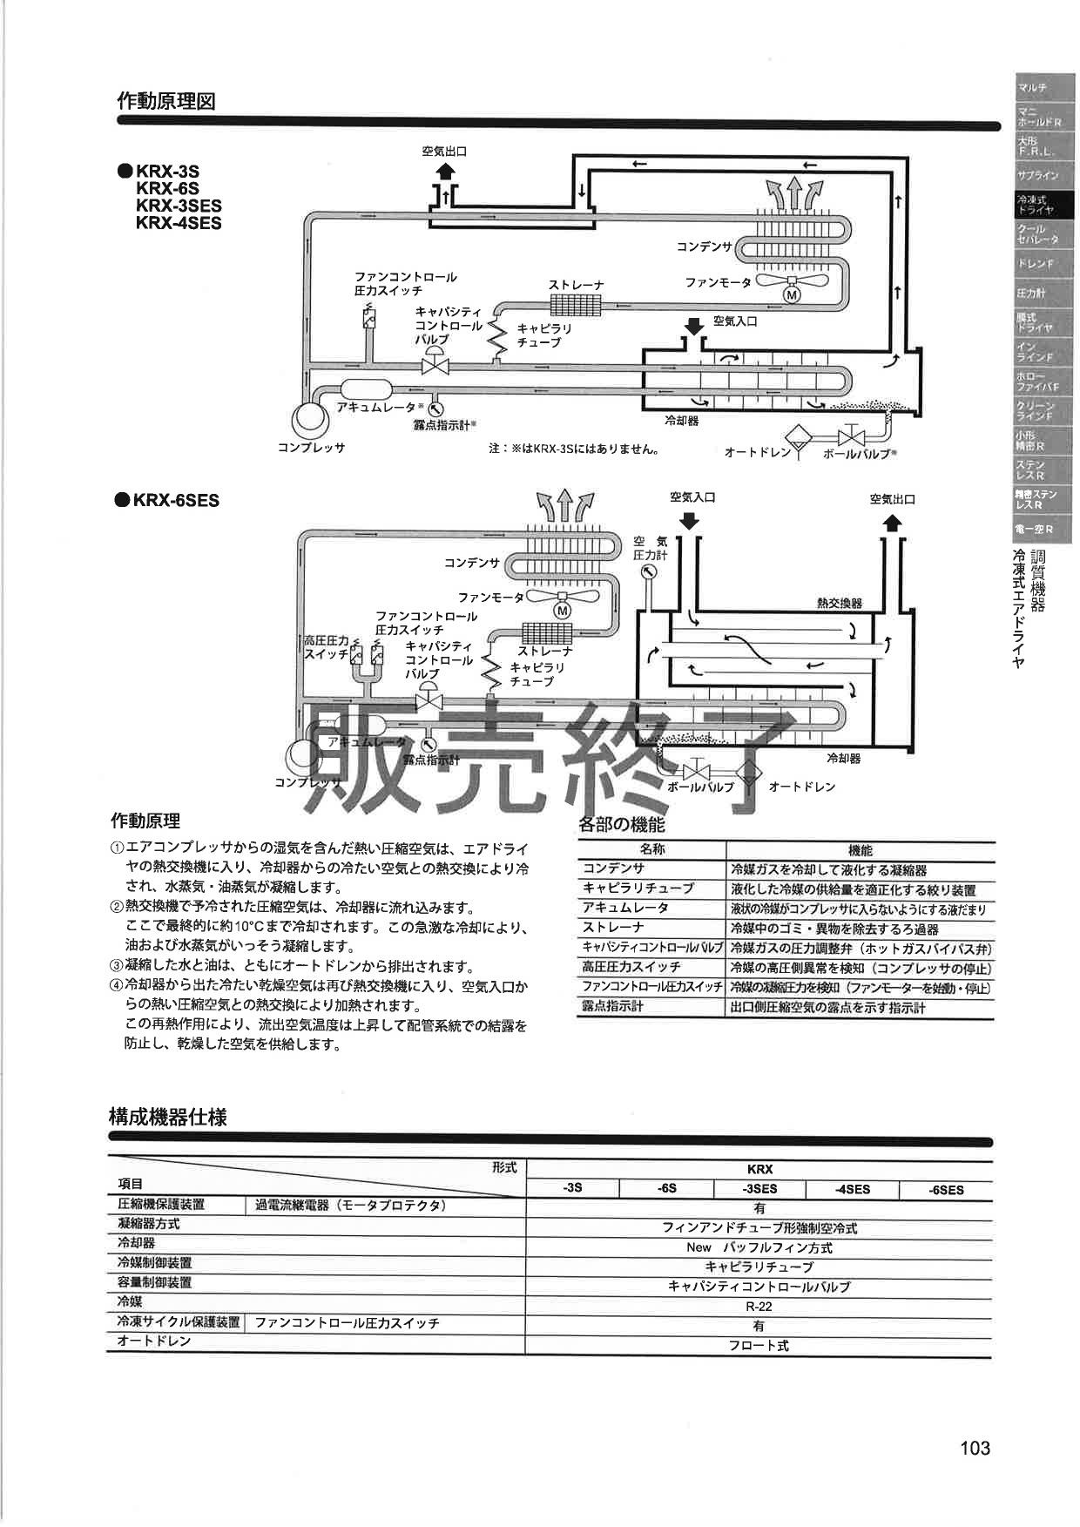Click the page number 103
(x=975, y=1448)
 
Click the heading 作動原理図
(x=165, y=101)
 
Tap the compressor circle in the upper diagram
(x=307, y=417)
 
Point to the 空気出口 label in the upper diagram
(x=444, y=151)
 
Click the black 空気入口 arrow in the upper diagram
(x=693, y=326)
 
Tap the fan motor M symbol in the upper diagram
(x=792, y=295)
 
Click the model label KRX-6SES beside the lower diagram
(x=175, y=501)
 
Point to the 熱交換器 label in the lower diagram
(x=839, y=603)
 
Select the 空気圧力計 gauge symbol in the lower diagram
(x=648, y=572)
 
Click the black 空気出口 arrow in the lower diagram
(x=893, y=523)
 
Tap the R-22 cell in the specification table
(x=759, y=1307)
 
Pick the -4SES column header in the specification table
(x=851, y=1189)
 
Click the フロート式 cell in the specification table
(x=759, y=1346)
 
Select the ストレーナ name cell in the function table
(x=613, y=928)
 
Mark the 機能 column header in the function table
(x=860, y=850)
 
